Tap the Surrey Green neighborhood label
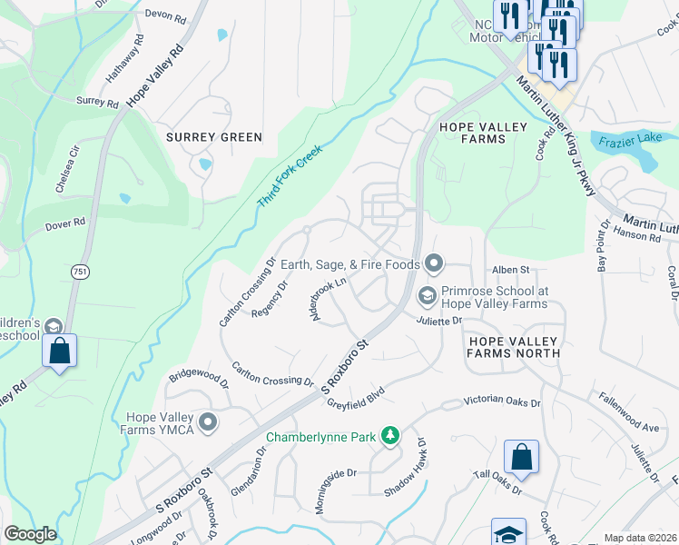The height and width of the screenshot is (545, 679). click(x=214, y=137)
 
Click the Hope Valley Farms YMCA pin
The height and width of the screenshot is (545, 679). click(x=209, y=422)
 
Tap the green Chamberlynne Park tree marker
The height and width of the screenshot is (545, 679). click(x=389, y=437)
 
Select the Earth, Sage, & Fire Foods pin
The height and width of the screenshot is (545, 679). click(x=434, y=264)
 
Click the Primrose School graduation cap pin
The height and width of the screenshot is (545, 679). click(x=426, y=297)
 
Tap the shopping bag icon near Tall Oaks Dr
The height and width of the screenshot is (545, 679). click(x=521, y=458)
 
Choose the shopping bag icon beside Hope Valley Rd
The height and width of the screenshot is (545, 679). click(x=59, y=352)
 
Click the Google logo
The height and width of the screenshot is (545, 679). click(x=30, y=534)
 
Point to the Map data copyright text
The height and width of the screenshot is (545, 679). click(x=641, y=538)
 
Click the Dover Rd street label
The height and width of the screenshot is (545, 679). click(x=66, y=222)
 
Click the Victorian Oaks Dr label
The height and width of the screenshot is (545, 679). click(x=502, y=401)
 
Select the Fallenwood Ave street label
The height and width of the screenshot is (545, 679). click(x=627, y=411)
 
